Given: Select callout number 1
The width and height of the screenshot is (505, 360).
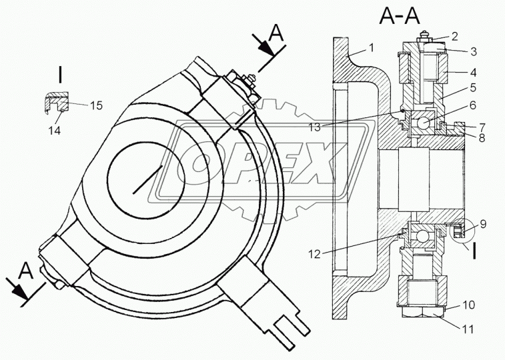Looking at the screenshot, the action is coord(372,48).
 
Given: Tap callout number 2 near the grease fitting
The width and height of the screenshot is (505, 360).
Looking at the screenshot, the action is coord(454,37).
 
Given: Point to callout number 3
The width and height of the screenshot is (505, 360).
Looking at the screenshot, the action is coord(473,51).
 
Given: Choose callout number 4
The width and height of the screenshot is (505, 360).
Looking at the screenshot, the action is coord(473,72).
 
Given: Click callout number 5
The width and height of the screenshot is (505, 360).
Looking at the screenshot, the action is coord(473,87).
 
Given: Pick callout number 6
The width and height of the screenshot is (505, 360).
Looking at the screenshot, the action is coord(472,105).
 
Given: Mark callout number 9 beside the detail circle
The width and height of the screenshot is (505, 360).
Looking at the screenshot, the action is coord(483,224).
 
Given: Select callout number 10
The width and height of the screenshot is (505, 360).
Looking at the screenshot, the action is coord(468,305).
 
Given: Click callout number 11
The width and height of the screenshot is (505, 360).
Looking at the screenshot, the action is coord(468,329).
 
